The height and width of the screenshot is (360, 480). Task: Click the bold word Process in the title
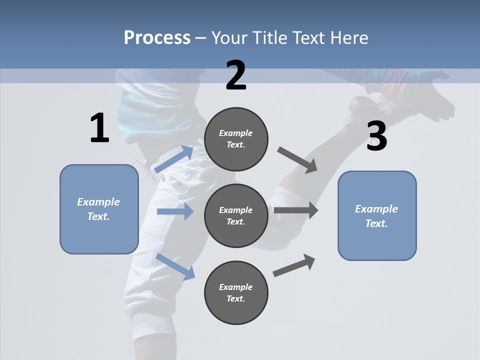coord(157,38)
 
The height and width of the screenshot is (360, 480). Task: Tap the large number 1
coord(99,128)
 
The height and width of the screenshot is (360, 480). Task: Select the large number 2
coord(236,75)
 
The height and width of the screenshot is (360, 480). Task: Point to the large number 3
coord(376,136)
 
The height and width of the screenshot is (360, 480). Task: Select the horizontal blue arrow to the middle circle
coord(175,211)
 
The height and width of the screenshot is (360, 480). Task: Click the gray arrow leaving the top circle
coord(297,159)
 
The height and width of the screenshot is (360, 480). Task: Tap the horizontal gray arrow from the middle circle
coord(296,210)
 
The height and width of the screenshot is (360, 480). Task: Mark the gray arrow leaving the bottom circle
coord(294,265)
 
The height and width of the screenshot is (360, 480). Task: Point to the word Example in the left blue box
coord(98,202)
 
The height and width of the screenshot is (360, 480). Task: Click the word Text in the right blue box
coord(376,223)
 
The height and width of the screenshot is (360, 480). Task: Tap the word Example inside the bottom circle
coord(235,287)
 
